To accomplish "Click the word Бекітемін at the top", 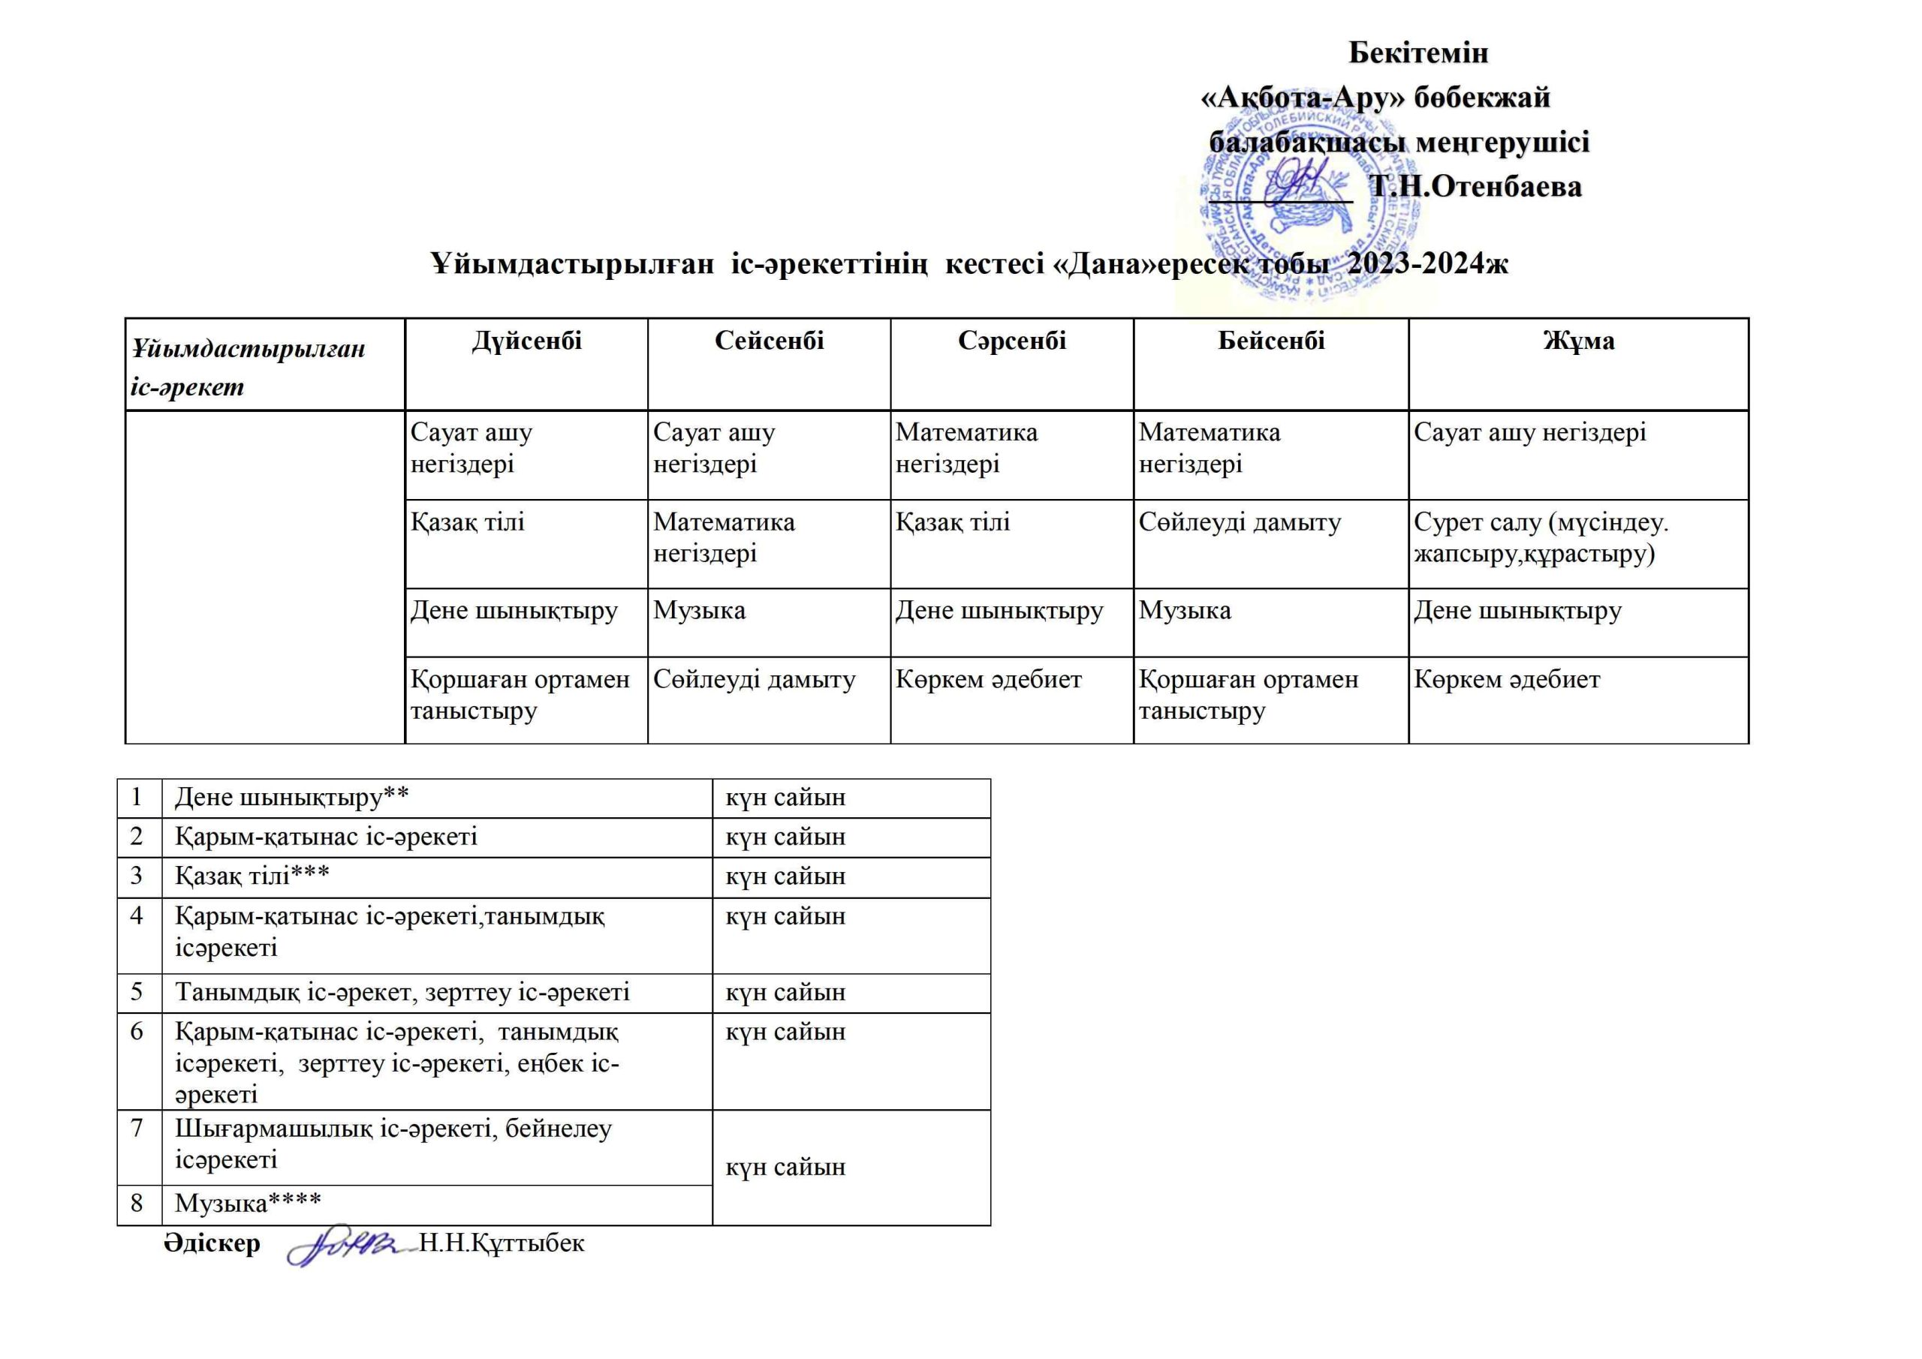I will pos(1418,53).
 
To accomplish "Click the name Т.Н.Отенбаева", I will pos(1475,187).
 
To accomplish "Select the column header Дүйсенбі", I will pos(526,341).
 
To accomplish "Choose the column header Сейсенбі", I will pos(769,341).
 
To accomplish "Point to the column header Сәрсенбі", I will pos(1011,341).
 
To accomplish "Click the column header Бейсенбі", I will pos(1271,341).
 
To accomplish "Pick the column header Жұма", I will pos(1578,341).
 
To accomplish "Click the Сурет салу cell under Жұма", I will pos(1541,537).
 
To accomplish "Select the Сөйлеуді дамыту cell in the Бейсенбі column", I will pos(1239,522).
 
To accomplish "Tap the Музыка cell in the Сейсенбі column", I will pos(699,610).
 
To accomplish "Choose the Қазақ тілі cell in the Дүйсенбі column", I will pos(467,522).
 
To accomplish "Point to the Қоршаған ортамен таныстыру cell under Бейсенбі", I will pos(1247,695).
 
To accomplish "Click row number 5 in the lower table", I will pos(137,991).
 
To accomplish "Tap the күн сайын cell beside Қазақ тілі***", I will pos(785,876).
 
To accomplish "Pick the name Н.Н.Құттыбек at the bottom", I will pos(502,1243).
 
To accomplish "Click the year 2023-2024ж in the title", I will pos(1428,263).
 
